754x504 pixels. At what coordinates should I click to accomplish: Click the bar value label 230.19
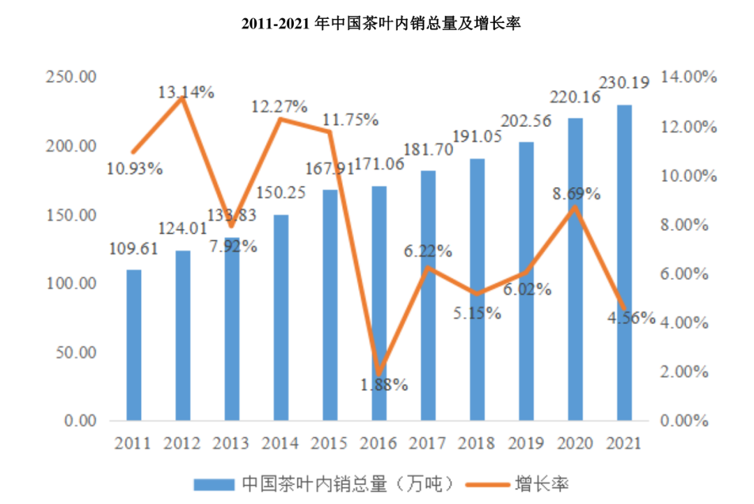[624, 82]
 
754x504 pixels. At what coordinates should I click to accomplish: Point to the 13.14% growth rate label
[185, 91]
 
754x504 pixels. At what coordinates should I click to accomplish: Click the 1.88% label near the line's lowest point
[384, 383]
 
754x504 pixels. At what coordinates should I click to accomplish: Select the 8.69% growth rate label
[577, 193]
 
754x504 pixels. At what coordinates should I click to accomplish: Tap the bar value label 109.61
[133, 249]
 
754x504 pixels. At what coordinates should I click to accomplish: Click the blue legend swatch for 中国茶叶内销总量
[212, 482]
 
